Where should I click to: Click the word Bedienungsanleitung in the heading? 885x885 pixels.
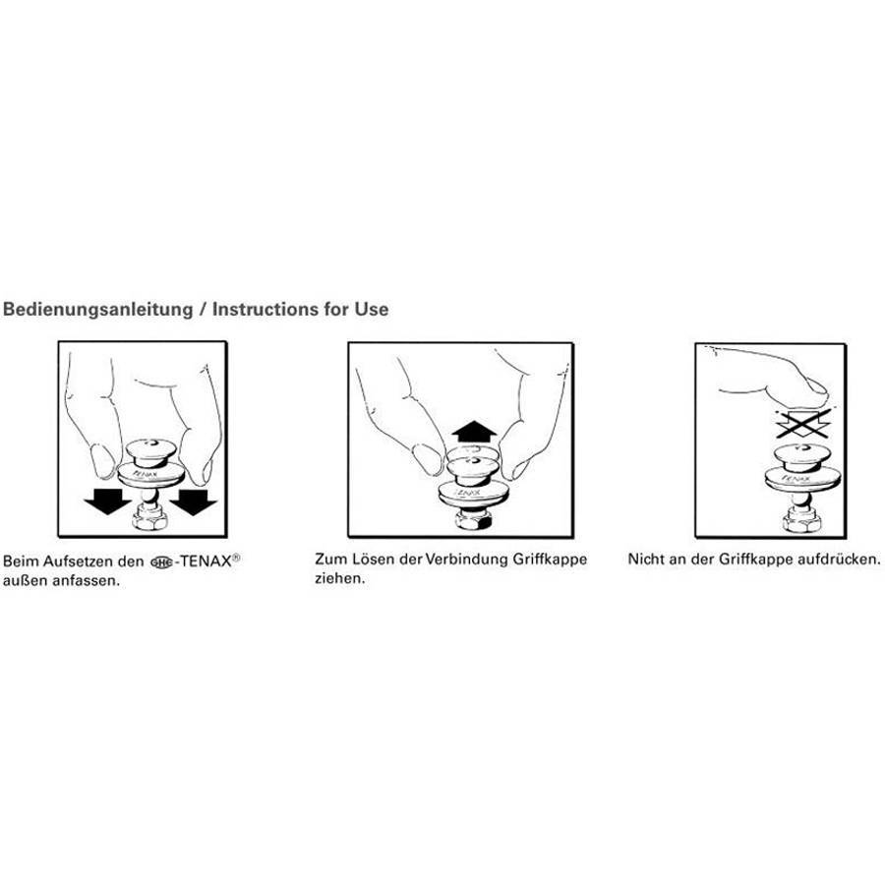pyautogui.click(x=97, y=310)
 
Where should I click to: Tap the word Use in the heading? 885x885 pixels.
pyautogui.click(x=372, y=309)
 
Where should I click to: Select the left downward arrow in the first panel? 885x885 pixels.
pyautogui.click(x=107, y=501)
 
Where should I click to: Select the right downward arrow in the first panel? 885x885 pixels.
pyautogui.click(x=193, y=501)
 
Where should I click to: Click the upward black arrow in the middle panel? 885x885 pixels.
pyautogui.click(x=474, y=432)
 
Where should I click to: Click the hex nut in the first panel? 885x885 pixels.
pyautogui.click(x=150, y=517)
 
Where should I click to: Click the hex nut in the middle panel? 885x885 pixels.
pyautogui.click(x=473, y=518)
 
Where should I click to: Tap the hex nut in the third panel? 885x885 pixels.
pyautogui.click(x=800, y=519)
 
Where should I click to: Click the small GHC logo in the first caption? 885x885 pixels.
pyautogui.click(x=161, y=562)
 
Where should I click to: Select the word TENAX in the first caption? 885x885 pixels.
pyautogui.click(x=206, y=561)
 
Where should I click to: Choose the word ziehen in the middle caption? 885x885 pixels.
pyautogui.click(x=340, y=578)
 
